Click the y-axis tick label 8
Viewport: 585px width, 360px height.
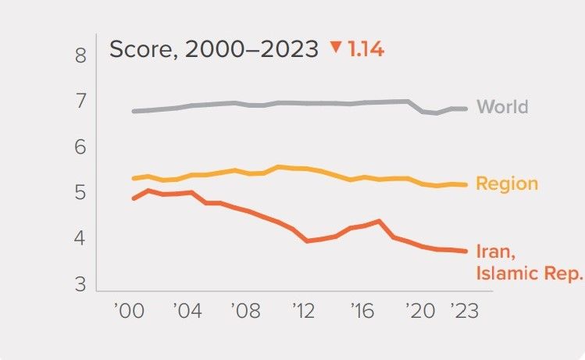tap(80, 55)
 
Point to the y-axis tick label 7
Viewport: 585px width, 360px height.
tap(80, 102)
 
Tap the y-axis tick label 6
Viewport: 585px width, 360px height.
tap(80, 148)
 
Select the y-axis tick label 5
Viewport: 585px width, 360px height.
tap(80, 193)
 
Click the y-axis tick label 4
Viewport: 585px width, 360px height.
tap(80, 238)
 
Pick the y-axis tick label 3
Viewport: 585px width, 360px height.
tap(80, 284)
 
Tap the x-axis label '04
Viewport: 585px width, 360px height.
tap(186, 310)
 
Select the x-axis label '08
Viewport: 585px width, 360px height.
tap(244, 310)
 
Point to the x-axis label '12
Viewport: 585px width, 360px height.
tap(302, 310)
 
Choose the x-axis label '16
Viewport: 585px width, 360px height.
tap(360, 310)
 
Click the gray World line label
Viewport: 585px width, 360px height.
tap(502, 107)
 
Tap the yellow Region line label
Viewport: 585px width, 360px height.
tap(507, 184)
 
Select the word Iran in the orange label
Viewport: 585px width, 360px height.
tap(494, 251)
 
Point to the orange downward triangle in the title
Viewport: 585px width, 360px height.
tap(336, 48)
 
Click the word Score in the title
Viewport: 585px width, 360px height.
tap(139, 49)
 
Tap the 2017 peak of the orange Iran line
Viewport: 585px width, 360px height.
tap(378, 221)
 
